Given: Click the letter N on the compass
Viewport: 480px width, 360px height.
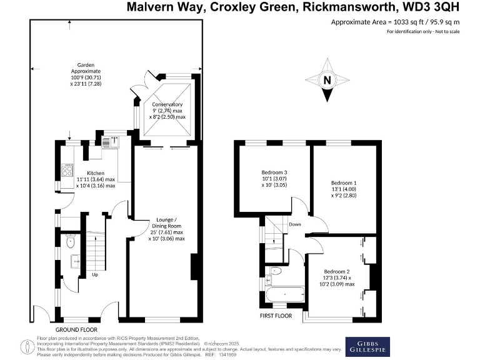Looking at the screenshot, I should (x=327, y=80).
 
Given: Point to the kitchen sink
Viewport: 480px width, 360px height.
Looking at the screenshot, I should (x=106, y=142).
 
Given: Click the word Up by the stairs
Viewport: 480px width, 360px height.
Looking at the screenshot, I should (x=95, y=274).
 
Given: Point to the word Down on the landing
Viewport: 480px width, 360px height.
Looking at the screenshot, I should (x=295, y=224).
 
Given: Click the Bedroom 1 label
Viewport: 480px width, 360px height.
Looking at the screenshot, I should (x=344, y=189).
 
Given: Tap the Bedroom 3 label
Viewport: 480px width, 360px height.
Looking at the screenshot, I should (x=275, y=178).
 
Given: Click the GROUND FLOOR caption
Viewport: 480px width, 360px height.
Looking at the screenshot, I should (x=76, y=329).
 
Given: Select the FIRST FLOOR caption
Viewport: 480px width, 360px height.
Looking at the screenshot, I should (x=276, y=316).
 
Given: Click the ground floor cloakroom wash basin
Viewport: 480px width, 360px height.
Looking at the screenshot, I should (x=74, y=261).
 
